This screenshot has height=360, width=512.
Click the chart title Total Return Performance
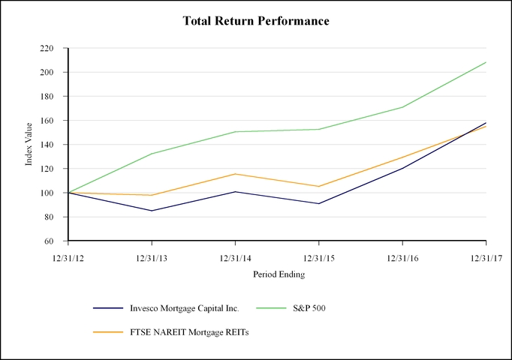[x=256, y=21]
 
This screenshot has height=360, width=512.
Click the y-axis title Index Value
[x=29, y=145]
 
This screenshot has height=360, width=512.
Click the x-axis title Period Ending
[x=278, y=274]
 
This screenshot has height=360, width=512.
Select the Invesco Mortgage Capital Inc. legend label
[x=183, y=308]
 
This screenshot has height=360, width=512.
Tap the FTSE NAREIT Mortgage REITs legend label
[x=189, y=332]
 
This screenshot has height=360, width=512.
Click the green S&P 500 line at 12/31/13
[x=152, y=154]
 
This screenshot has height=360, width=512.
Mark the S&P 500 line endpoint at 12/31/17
[x=486, y=62]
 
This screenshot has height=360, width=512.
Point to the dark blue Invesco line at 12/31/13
[x=152, y=211]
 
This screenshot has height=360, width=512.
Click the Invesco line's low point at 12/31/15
[x=319, y=203]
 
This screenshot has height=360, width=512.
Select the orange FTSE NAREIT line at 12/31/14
[x=236, y=174]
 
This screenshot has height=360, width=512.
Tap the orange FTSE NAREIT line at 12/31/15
[x=319, y=186]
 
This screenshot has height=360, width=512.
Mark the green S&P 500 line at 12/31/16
[x=402, y=107]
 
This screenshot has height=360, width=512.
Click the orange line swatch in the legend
[x=108, y=332]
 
